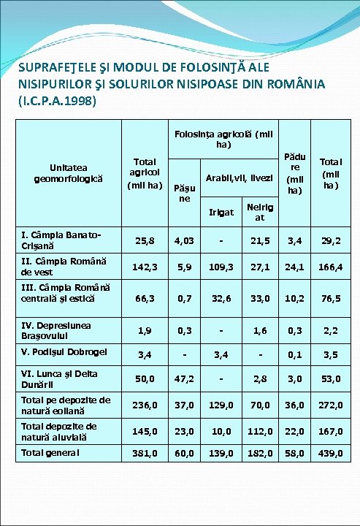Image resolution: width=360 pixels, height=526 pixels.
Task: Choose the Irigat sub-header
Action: coord(221,213)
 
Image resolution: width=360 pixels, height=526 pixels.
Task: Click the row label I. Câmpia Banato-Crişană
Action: coord(62,240)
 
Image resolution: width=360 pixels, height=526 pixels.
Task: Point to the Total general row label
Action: coord(50,452)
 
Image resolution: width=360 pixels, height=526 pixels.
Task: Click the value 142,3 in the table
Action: coord(145,267)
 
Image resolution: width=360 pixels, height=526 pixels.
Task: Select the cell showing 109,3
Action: coord(221,267)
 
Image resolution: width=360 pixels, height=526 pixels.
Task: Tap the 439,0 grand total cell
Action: coord(329,454)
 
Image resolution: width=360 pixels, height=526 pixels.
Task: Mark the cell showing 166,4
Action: coord(329,267)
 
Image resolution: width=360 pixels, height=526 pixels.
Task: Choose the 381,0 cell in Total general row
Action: coord(145,454)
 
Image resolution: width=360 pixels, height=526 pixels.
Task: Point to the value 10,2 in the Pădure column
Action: coord(295,297)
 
